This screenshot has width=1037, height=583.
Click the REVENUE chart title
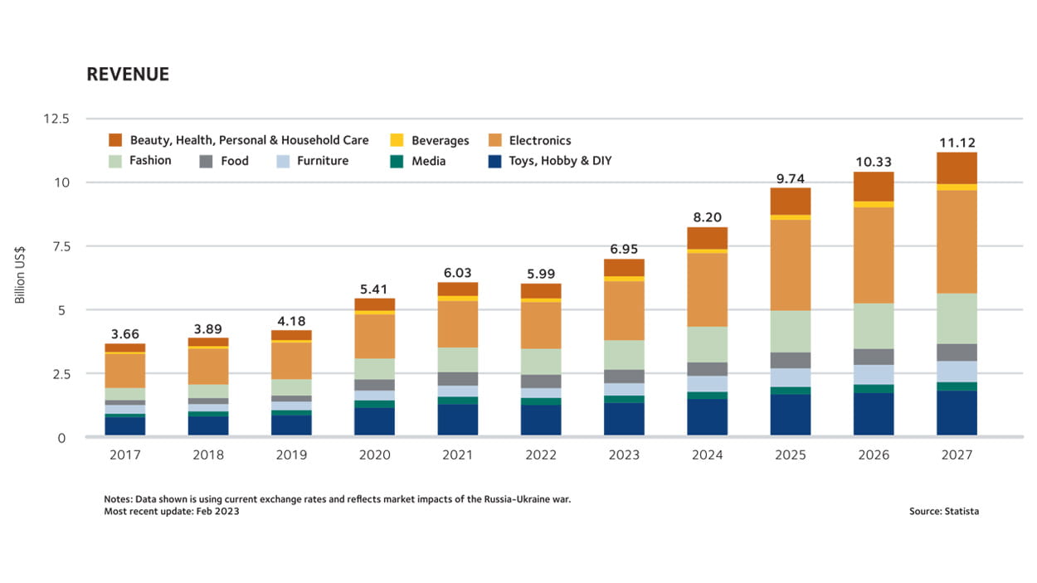pos(128,74)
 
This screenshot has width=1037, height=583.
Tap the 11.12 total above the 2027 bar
pos(956,142)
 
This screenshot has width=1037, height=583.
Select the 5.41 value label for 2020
pos(374,288)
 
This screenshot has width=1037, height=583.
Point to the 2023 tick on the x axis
pos(624,454)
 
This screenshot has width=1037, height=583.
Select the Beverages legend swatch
pos(397,140)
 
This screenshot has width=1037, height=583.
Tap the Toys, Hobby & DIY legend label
pos(560,160)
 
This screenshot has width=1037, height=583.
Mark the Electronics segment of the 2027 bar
pos(956,241)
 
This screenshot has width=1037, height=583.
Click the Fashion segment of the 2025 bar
pos(790,331)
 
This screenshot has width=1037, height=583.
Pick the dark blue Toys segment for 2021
pos(457,420)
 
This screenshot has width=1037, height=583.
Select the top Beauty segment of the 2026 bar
pos(874,186)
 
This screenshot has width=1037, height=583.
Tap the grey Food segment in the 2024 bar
pos(707,369)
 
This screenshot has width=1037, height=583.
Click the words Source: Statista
pos(943,511)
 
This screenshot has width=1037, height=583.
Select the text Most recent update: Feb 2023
pos(172,511)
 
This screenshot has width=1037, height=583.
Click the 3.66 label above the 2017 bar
pos(125,334)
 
